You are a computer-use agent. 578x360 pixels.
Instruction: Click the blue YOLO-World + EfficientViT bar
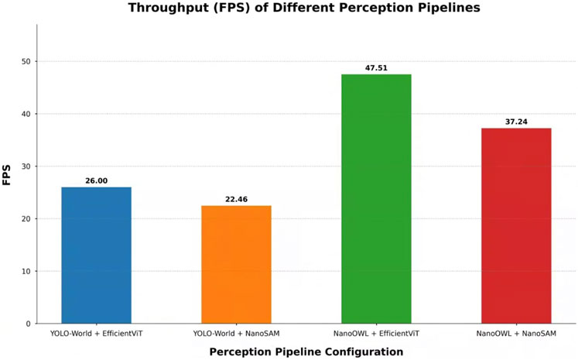point(96,255)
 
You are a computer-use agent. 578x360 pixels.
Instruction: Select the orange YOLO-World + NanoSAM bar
point(236,264)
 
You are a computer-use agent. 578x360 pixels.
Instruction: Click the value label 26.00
point(96,180)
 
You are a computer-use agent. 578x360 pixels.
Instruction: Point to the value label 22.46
point(236,199)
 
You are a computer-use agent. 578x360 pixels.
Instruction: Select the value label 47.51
point(376,68)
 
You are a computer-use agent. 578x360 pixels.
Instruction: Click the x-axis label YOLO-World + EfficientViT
point(96,334)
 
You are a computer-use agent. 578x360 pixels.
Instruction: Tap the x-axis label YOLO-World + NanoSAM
point(236,334)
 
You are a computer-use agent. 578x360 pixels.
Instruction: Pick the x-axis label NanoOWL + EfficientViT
point(376,334)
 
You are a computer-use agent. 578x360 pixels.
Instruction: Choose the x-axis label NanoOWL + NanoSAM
point(516,334)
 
